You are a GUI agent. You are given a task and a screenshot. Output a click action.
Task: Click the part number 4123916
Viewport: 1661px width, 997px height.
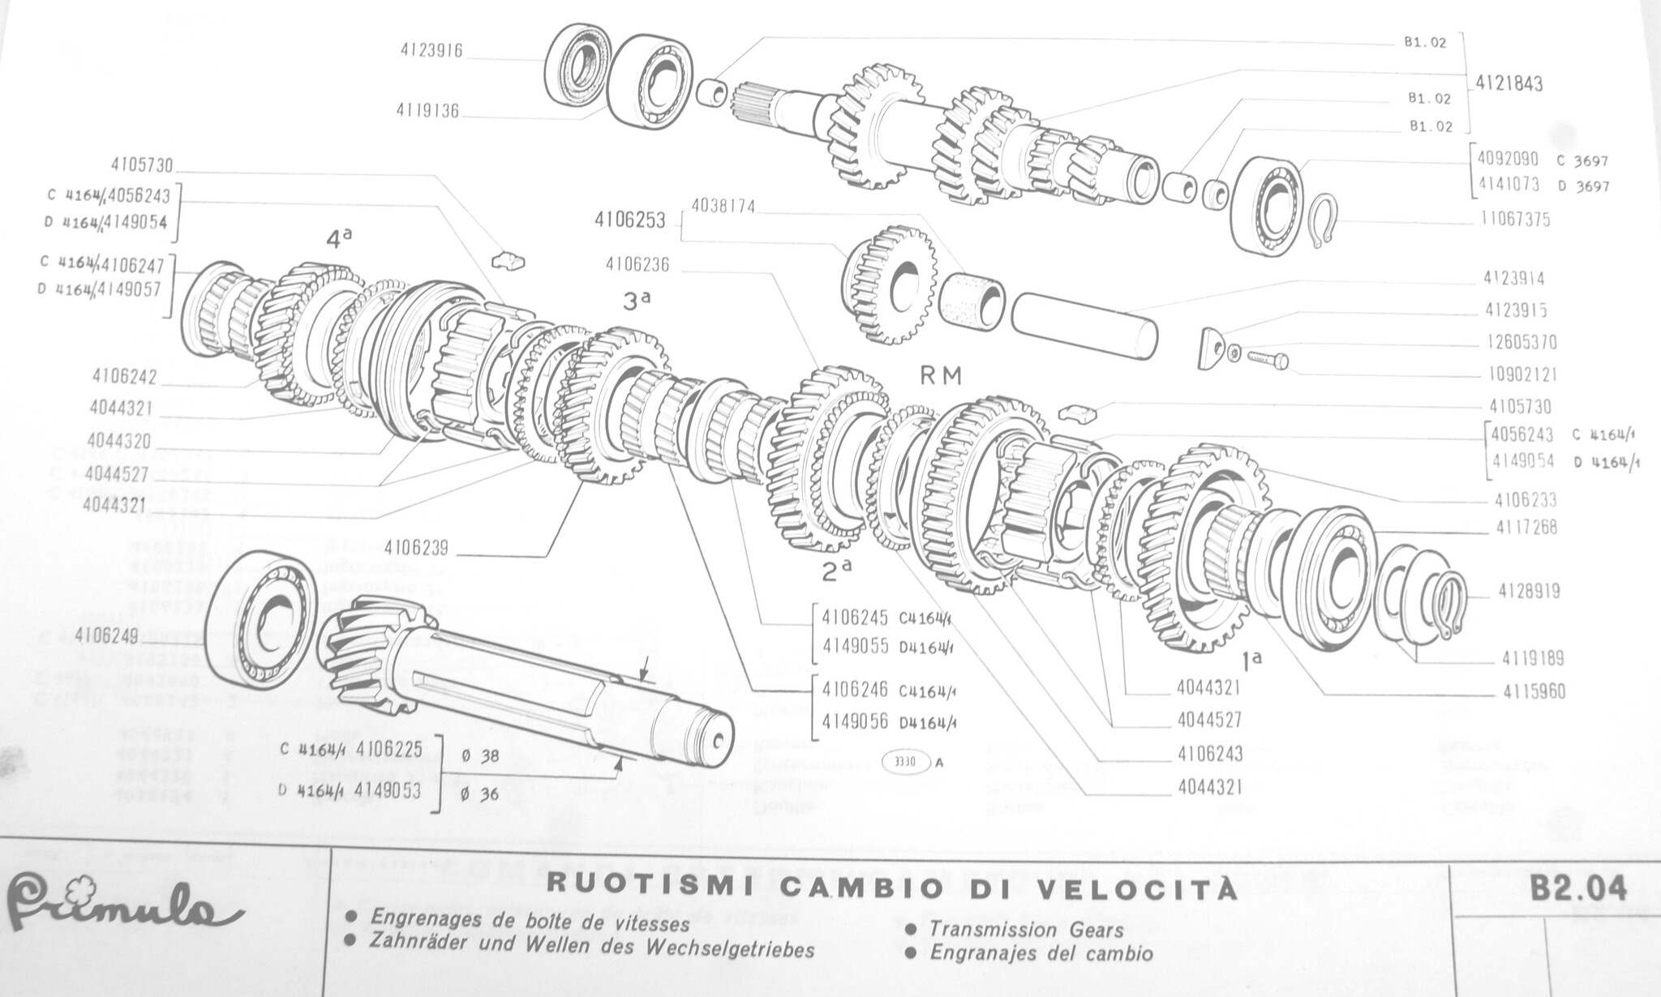(431, 50)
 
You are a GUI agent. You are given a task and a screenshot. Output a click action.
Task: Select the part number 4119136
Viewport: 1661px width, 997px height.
(427, 110)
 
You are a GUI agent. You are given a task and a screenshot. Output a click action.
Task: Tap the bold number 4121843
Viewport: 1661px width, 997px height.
(1509, 83)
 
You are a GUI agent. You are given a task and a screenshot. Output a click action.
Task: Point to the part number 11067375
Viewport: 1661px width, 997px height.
(1511, 220)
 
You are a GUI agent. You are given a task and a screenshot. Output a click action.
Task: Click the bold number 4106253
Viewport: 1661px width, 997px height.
(629, 220)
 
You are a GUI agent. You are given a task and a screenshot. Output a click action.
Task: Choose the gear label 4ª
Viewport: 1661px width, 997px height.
(339, 238)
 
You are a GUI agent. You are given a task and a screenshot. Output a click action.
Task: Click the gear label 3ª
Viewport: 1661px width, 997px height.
(637, 301)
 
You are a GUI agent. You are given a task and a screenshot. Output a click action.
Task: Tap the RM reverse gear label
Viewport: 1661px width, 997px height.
(941, 375)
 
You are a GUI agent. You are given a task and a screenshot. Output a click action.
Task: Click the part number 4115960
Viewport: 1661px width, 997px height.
(1534, 691)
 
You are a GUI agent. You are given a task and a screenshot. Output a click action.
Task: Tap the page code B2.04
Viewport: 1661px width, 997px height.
(1579, 889)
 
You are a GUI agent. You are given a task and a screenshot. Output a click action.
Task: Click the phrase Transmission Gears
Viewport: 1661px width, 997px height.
(1026, 930)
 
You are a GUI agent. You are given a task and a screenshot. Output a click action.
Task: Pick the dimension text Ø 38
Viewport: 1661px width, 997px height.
(479, 755)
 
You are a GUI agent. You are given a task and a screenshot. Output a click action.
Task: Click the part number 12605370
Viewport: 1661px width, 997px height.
(1521, 343)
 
